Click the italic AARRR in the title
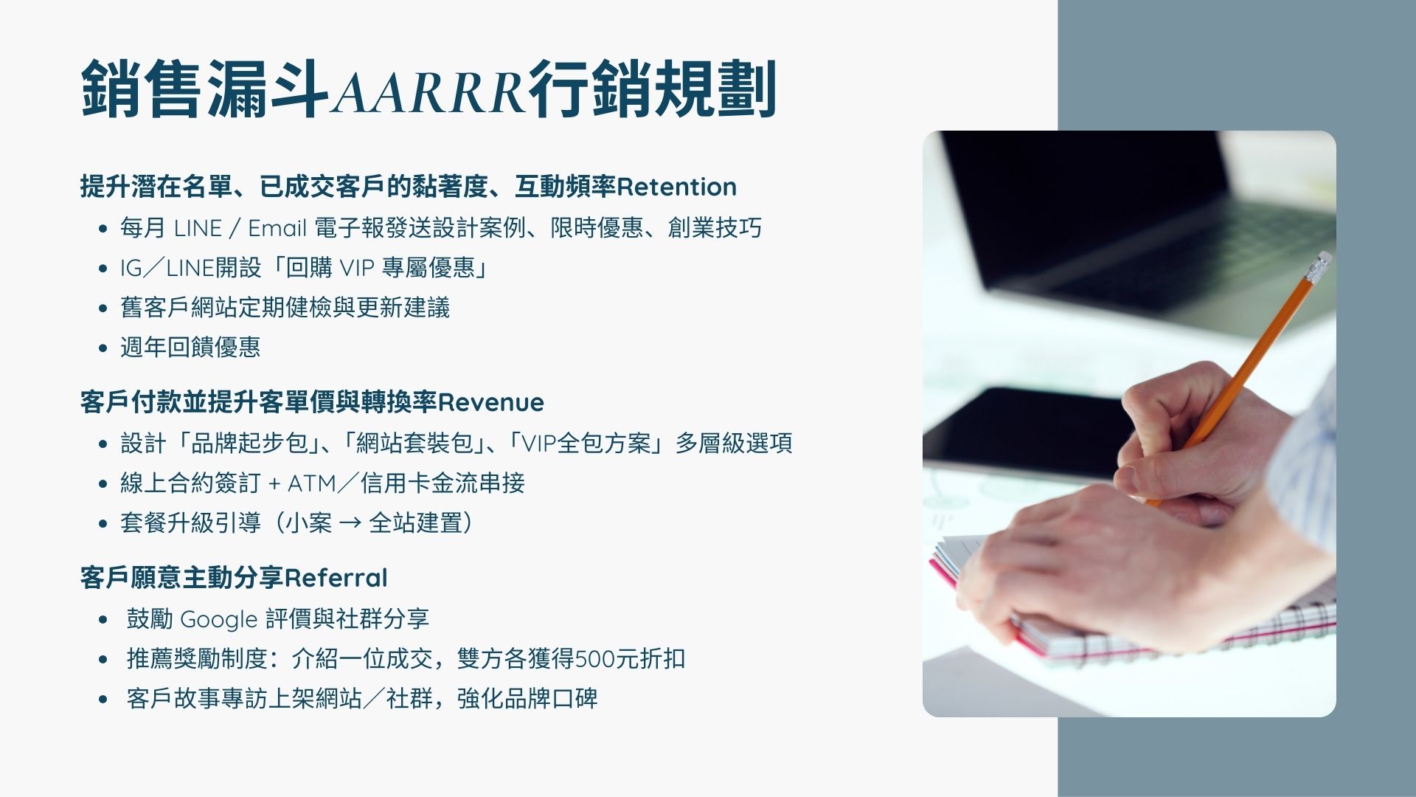click(x=429, y=91)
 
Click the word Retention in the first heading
click(x=676, y=187)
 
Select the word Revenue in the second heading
click(x=490, y=402)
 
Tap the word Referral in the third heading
click(x=336, y=578)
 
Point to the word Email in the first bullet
click(x=277, y=228)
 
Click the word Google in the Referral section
click(x=218, y=619)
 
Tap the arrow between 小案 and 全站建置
click(x=350, y=523)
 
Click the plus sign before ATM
click(x=274, y=484)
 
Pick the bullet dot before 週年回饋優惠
click(x=103, y=348)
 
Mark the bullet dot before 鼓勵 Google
click(x=103, y=620)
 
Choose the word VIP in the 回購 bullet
click(x=357, y=268)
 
